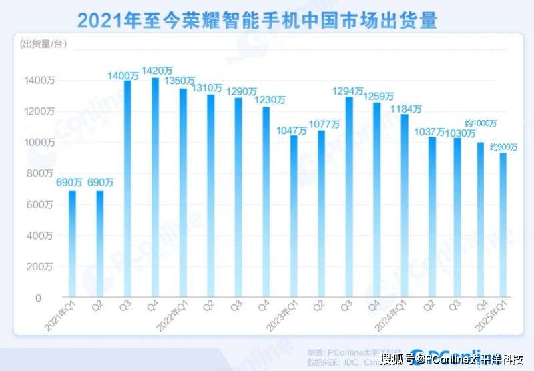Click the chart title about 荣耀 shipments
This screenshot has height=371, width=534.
(257, 21)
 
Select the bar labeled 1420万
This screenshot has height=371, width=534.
(155, 187)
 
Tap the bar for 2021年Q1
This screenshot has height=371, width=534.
(72, 244)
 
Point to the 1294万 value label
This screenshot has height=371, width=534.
(350, 90)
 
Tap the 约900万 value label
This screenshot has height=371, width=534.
(504, 146)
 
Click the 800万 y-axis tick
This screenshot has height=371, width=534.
(41, 173)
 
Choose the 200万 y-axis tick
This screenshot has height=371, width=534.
(41, 267)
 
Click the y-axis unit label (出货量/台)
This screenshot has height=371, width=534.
(44, 45)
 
